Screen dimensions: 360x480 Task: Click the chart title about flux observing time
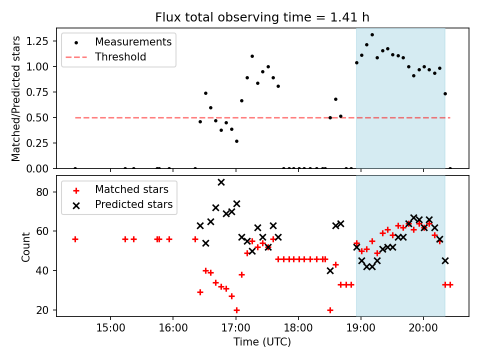pos(262,17)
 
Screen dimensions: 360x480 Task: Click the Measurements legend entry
pos(133,41)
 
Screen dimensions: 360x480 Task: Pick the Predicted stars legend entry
pos(134,204)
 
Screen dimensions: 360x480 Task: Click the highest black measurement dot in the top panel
pos(372,34)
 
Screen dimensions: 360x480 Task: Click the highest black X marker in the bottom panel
pos(221,182)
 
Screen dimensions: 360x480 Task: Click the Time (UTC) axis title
pos(262,342)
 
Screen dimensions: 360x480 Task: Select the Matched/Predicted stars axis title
pos(16,98)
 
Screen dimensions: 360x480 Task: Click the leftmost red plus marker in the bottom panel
pos(75,239)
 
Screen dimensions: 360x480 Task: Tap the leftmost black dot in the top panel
pos(75,168)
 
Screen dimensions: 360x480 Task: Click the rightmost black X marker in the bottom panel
pos(445,260)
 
